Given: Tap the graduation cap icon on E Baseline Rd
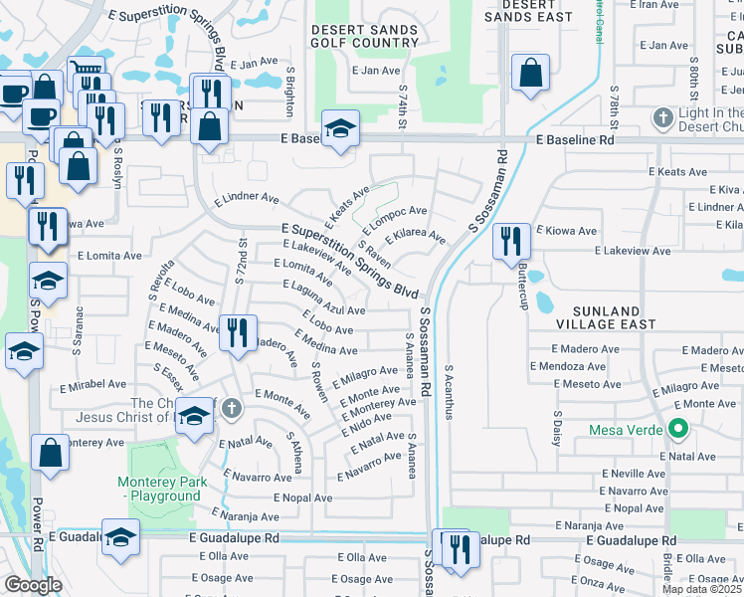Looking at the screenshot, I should [340, 129].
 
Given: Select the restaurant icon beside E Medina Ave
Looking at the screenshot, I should [237, 332].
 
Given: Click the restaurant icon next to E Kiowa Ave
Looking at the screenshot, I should [510, 242].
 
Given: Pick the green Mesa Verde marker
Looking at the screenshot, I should [679, 430].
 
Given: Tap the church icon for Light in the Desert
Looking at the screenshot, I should [662, 118].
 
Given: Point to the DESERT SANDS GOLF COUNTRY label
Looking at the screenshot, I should [365, 37].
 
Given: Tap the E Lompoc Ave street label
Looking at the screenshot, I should [395, 220].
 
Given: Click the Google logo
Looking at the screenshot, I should [33, 584].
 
